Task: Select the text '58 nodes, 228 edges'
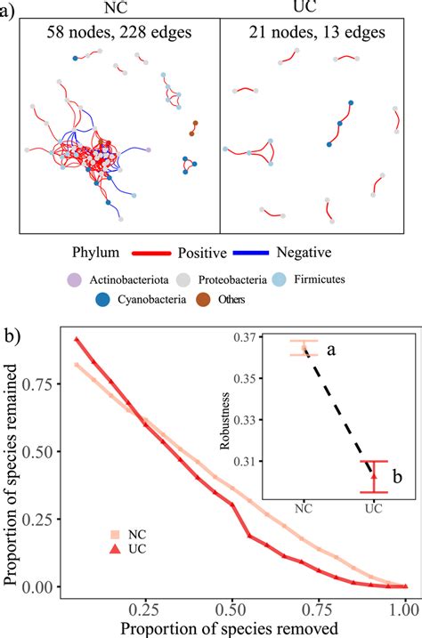[x=119, y=34]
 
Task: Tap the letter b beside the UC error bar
[x=399, y=479]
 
